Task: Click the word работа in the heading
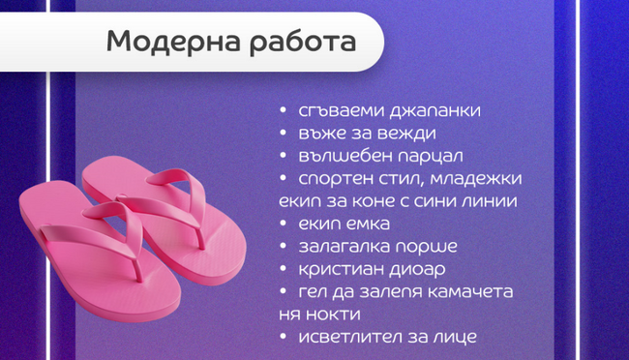[x=300, y=43]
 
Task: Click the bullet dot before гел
[x=284, y=291]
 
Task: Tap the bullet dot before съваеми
[x=284, y=111]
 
